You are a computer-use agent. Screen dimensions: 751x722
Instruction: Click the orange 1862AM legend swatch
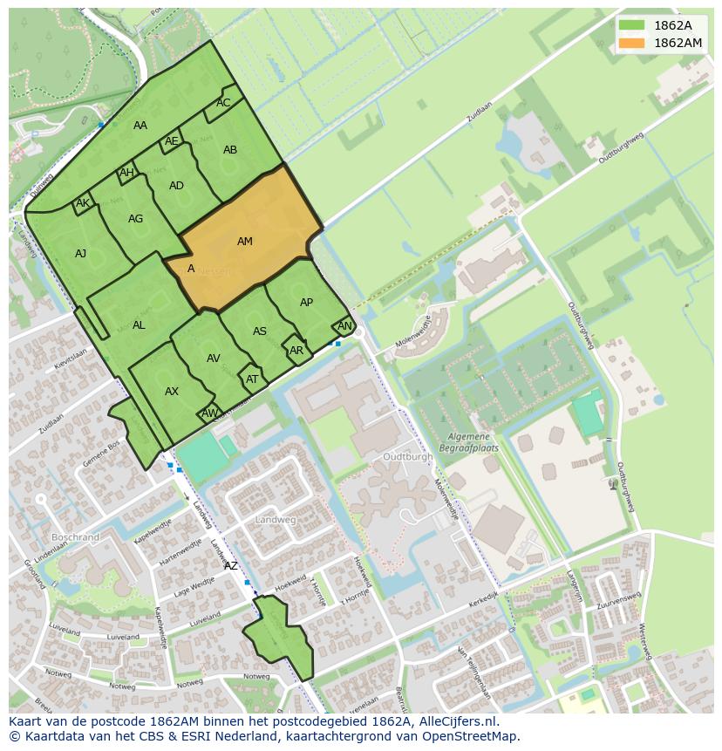point(632,43)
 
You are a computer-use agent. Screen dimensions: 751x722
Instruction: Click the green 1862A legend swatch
point(632,24)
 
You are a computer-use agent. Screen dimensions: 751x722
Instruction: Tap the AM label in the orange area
point(245,242)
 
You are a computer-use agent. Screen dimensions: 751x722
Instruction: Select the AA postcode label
point(140,126)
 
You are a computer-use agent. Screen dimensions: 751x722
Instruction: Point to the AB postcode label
point(230,150)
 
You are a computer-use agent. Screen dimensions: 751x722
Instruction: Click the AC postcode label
point(223,103)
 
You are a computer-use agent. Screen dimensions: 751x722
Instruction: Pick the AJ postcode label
point(80,254)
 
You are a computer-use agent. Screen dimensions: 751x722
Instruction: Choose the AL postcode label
point(139,325)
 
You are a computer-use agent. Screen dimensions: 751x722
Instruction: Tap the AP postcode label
point(306,303)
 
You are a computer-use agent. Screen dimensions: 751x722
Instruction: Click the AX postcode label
point(172,392)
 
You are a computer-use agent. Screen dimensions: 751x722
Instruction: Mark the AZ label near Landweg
point(231,566)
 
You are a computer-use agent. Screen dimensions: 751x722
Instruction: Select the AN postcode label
point(344,326)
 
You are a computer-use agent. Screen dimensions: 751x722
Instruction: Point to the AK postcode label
point(83,204)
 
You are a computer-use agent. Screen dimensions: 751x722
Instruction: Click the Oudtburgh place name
point(407,456)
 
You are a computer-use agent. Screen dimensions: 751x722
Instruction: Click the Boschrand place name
point(76,537)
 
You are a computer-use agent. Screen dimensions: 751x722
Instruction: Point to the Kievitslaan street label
point(71,358)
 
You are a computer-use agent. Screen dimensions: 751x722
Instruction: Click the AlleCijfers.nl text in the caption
point(458,721)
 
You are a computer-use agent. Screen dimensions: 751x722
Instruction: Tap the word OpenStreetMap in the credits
point(471,736)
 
